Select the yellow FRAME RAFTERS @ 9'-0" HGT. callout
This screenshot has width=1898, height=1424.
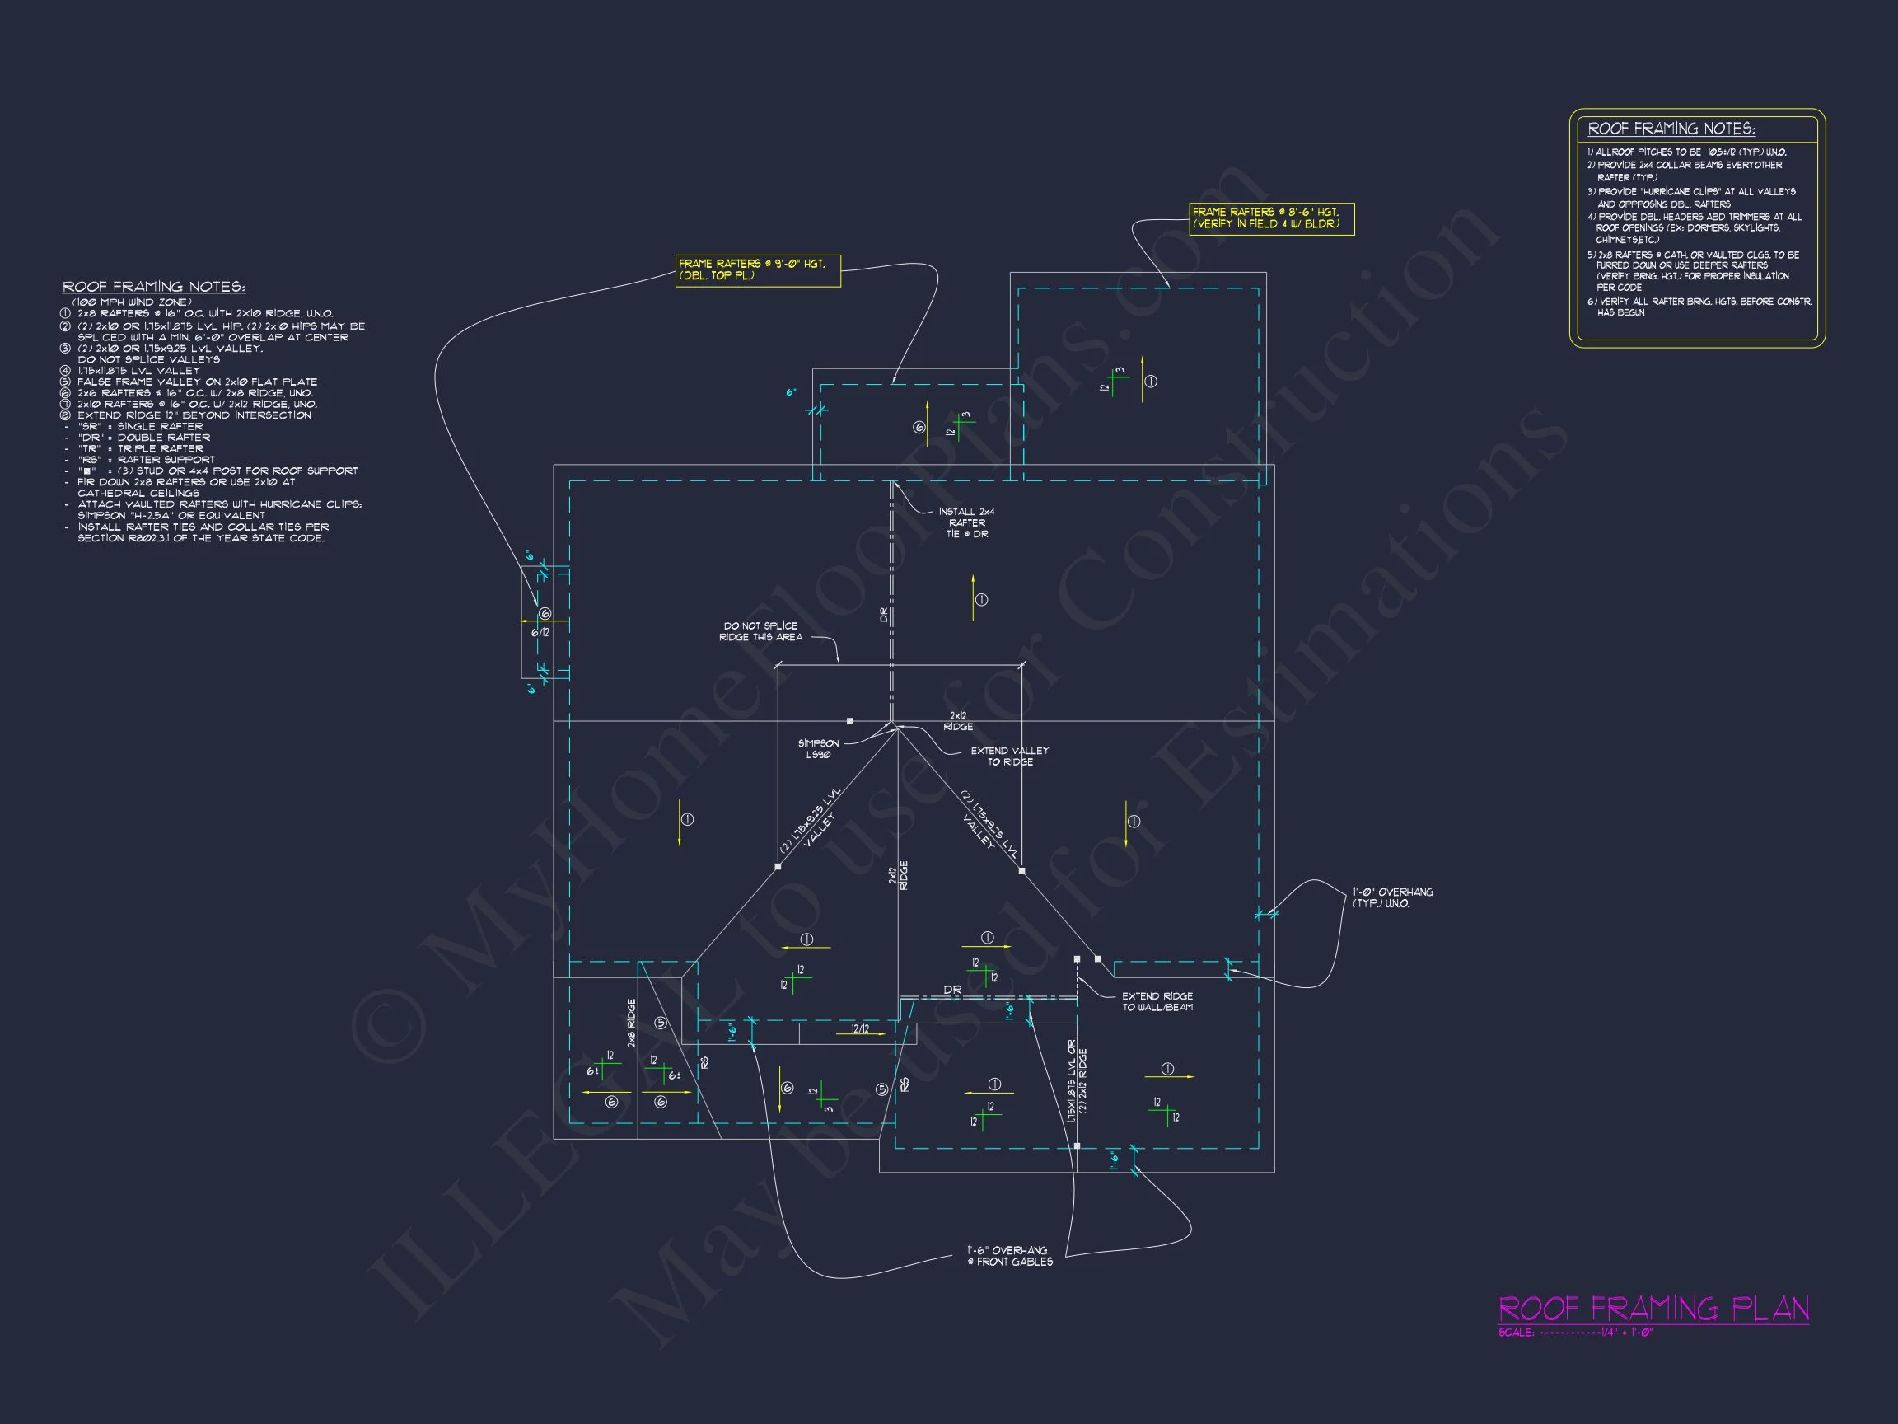click(x=757, y=270)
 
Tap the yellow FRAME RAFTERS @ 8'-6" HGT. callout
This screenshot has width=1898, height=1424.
click(x=1271, y=218)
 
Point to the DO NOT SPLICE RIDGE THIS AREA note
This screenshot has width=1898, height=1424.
click(x=760, y=631)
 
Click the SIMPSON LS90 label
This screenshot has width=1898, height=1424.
click(x=818, y=748)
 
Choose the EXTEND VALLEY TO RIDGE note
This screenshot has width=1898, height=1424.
click(x=1009, y=756)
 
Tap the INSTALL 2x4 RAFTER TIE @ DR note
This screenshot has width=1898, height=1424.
click(x=966, y=522)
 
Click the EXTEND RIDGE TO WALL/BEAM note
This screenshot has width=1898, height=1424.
click(x=1157, y=1002)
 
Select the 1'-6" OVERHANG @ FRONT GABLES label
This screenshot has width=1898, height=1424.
click(x=1010, y=1256)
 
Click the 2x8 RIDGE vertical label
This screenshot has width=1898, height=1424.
click(x=632, y=1023)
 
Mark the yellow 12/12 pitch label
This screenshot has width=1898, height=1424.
click(x=859, y=1028)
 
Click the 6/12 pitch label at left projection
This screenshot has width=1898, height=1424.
click(x=540, y=633)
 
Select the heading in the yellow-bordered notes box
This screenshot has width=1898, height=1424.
click(x=1671, y=129)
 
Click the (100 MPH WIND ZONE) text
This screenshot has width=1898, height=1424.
click(x=132, y=302)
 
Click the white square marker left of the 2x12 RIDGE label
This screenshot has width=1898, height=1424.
click(x=849, y=721)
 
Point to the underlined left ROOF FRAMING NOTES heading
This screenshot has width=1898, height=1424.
click(x=153, y=287)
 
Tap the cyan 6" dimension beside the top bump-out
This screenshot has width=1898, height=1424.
click(x=791, y=392)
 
